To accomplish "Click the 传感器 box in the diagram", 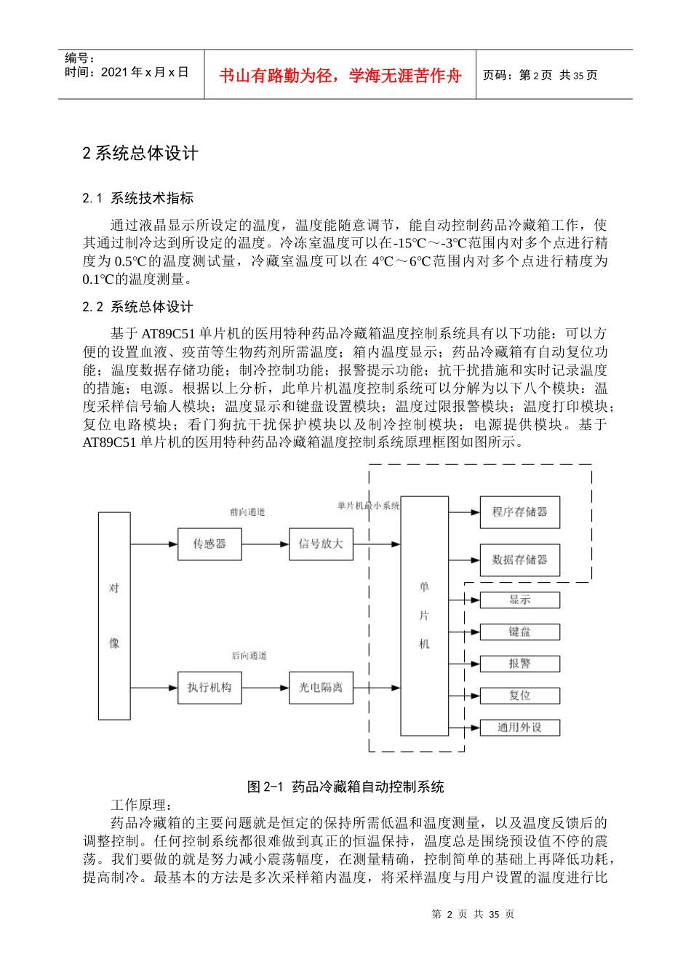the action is click(209, 544).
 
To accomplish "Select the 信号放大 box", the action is click(321, 544).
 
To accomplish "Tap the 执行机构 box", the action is click(209, 688).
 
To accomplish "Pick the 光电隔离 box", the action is click(321, 688).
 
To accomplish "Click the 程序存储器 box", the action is click(519, 512).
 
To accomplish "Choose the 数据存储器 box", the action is click(519, 560).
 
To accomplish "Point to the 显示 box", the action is click(519, 600).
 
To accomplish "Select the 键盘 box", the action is click(519, 632).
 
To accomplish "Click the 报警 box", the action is click(519, 664).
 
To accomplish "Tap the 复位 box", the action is click(519, 696).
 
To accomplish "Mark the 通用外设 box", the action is click(519, 728).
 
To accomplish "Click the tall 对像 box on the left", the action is click(114, 616).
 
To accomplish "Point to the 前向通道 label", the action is click(247, 512).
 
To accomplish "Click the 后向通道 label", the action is click(249, 656).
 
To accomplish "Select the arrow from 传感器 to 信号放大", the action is click(265, 544).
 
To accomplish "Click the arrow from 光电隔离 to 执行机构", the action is click(265, 688).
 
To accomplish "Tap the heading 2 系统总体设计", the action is click(140, 154).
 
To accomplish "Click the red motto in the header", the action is click(340, 76).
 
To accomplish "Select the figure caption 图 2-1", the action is click(345, 787).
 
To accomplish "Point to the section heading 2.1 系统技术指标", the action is click(137, 199).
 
